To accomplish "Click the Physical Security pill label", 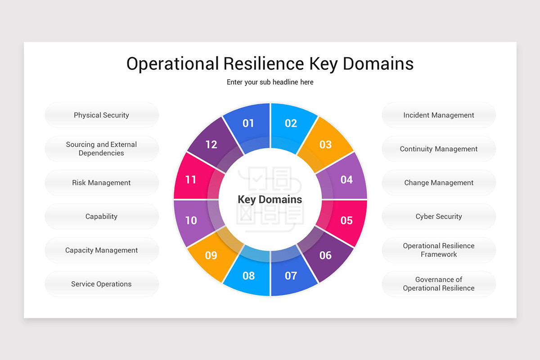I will point(102,115).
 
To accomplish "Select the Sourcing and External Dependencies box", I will point(102,149).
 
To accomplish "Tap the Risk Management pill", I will point(102,183).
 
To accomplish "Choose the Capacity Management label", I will point(102,250).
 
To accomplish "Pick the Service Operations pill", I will point(102,284).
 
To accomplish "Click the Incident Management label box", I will point(439,115).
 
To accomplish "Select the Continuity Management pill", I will point(439,149).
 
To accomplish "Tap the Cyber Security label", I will point(439,216).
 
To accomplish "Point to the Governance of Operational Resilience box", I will point(439,284).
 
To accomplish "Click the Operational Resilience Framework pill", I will point(439,250).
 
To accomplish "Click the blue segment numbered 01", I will point(248,123).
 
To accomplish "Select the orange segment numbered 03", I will point(325,144).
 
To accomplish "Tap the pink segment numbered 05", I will point(346,220).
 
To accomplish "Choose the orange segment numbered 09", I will point(211,255).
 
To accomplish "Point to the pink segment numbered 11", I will point(191,180).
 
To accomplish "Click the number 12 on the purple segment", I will point(211,144).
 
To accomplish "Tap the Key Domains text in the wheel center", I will point(270,199).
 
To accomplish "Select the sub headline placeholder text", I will point(270,82).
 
